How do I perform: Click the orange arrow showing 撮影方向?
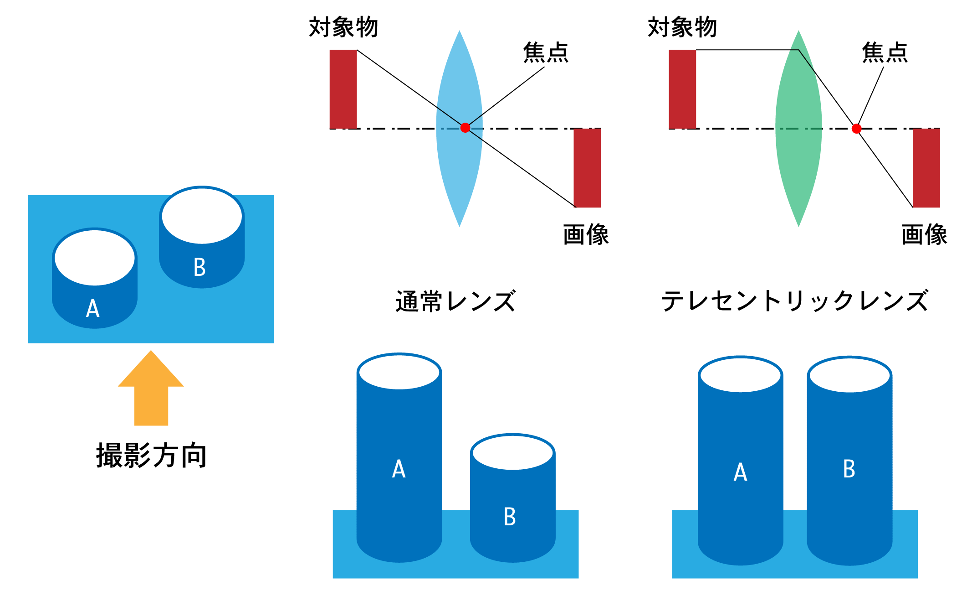pyautogui.click(x=151, y=392)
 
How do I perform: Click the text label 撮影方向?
pyautogui.click(x=152, y=455)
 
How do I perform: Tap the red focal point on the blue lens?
pyautogui.click(x=465, y=128)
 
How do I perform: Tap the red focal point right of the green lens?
pyautogui.click(x=856, y=129)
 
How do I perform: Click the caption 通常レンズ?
pyautogui.click(x=455, y=301)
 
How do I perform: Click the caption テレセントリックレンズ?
pyautogui.click(x=794, y=301)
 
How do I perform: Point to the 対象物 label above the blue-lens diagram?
pyautogui.click(x=343, y=27)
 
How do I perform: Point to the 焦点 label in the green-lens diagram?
pyautogui.click(x=885, y=52)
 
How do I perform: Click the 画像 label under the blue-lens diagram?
pyautogui.click(x=586, y=235)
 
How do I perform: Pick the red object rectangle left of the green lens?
pyautogui.click(x=682, y=89)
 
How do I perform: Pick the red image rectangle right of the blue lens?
pyautogui.click(x=587, y=168)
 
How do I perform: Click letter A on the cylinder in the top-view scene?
pyautogui.click(x=93, y=308)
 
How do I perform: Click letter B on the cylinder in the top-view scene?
pyautogui.click(x=200, y=267)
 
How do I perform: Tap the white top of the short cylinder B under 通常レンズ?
pyautogui.click(x=512, y=452)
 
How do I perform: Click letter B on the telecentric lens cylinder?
pyautogui.click(x=849, y=469)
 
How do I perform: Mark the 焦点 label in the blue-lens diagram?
pyautogui.click(x=546, y=52)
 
